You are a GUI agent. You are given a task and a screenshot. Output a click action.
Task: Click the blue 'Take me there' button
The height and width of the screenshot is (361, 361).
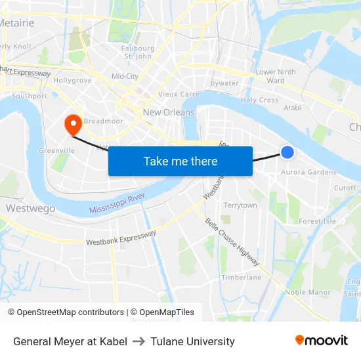[180, 161]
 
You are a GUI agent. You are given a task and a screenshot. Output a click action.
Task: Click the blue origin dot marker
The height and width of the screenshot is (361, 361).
[287, 152]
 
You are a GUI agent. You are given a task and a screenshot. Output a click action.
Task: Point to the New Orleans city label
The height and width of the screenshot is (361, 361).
[169, 112]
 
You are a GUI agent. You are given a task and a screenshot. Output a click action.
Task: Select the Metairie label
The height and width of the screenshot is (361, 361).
[16, 23]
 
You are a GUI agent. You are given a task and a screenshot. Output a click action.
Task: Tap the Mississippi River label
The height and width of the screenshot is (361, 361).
[117, 204]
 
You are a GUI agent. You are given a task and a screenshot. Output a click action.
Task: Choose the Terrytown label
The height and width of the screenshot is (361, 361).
[240, 205]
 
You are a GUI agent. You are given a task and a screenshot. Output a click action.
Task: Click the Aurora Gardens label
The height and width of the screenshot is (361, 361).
[308, 173]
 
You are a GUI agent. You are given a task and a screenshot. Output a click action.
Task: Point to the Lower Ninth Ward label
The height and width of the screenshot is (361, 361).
[276, 76]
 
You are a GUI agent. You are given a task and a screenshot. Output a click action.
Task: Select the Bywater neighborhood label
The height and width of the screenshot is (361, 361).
[224, 83]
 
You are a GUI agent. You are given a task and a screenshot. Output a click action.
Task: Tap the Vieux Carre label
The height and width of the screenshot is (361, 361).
[179, 95]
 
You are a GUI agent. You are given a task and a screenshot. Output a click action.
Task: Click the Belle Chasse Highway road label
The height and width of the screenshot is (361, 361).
[232, 243]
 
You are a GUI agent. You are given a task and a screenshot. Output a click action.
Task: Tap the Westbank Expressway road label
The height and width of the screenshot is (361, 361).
[121, 238]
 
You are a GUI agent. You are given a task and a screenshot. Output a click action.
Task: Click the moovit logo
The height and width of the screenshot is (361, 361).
[322, 340]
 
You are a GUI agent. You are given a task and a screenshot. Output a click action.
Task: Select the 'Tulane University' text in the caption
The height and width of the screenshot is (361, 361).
[192, 341]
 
